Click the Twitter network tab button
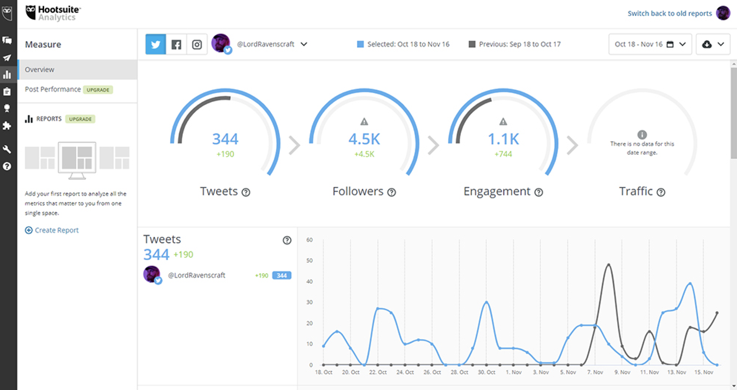pyautogui.click(x=156, y=44)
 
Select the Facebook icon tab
pyautogui.click(x=176, y=44)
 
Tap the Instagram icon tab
pyautogui.click(x=197, y=44)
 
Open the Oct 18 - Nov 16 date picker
pyautogui.click(x=650, y=44)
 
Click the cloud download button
pyautogui.click(x=713, y=44)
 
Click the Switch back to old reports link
pyautogui.click(x=670, y=14)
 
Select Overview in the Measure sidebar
pyautogui.click(x=40, y=70)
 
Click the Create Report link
pyautogui.click(x=56, y=230)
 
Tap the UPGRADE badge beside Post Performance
pyautogui.click(x=98, y=90)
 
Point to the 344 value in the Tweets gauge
pyautogui.click(x=225, y=139)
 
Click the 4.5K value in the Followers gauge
pyautogui.click(x=364, y=139)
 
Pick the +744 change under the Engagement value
pyautogui.click(x=503, y=154)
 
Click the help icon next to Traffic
pyautogui.click(x=661, y=192)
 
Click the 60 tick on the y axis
pyautogui.click(x=310, y=240)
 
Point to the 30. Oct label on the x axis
pyautogui.click(x=486, y=372)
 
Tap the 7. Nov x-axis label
pyautogui.click(x=595, y=372)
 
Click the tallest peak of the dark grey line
pyautogui.click(x=608, y=264)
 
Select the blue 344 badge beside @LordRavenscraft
pyautogui.click(x=282, y=275)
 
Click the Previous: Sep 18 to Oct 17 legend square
pyautogui.click(x=472, y=44)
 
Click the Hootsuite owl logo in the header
pyautogui.click(x=31, y=12)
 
